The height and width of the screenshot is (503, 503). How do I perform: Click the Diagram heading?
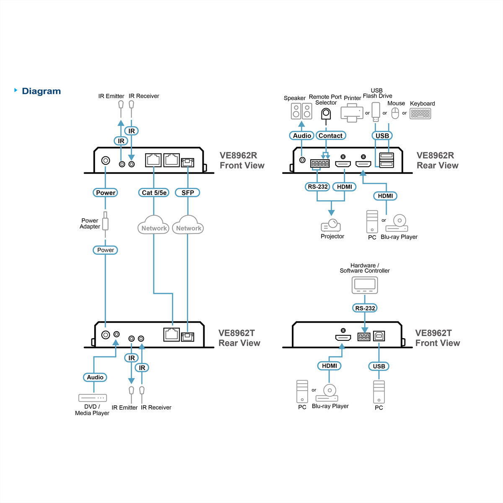(41, 91)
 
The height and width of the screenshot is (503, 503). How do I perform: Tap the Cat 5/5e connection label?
(154, 193)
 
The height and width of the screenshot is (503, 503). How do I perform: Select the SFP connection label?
(188, 193)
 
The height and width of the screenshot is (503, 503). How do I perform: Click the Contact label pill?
(331, 135)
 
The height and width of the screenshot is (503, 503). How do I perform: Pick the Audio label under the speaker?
(302, 135)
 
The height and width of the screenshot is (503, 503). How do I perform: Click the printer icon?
(352, 113)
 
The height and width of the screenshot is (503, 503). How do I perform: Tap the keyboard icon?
(420, 114)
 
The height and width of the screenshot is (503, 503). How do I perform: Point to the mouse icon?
(395, 113)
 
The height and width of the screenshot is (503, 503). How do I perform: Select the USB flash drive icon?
(376, 112)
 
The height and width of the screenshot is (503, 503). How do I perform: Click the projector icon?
(331, 225)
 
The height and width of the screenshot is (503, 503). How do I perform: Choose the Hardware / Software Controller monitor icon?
(365, 285)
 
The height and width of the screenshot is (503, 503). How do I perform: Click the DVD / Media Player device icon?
(93, 398)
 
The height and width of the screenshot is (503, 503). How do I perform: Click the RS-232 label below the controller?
(365, 308)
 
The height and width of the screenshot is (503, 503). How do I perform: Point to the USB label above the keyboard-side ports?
(382, 135)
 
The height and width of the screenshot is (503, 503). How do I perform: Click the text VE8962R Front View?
(242, 160)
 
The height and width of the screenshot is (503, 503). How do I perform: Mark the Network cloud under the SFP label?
(188, 225)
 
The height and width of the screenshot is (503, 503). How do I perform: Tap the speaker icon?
(301, 111)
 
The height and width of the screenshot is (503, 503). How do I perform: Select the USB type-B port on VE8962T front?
(379, 336)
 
